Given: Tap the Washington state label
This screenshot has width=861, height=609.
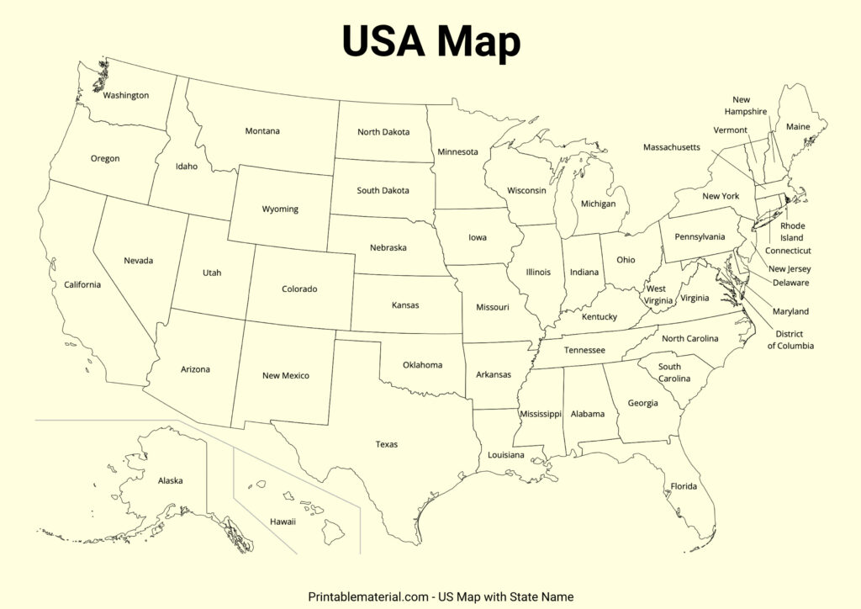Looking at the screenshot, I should (x=126, y=95).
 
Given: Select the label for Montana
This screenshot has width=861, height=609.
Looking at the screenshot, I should (x=262, y=130).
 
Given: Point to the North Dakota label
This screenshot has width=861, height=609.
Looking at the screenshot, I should (x=383, y=132).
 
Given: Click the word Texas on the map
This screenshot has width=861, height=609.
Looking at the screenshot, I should (x=387, y=444).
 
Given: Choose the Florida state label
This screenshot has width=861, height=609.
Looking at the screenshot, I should (x=684, y=486).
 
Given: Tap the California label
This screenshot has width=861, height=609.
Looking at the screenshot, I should (x=82, y=284).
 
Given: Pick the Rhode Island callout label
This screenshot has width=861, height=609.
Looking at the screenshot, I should (x=791, y=232).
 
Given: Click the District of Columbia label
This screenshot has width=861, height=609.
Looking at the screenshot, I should (x=790, y=340).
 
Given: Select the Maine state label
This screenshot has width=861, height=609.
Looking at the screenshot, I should (x=798, y=127).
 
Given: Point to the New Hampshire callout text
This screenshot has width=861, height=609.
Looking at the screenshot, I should (x=746, y=106).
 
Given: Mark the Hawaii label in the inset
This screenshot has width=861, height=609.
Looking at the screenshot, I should (x=283, y=522).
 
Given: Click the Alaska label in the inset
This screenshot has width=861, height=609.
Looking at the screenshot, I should (x=170, y=481).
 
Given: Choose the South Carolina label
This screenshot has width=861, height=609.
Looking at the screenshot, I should (x=673, y=373).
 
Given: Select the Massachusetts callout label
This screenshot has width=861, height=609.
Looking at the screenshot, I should (x=671, y=147).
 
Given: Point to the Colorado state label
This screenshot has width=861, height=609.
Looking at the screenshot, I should (x=299, y=289).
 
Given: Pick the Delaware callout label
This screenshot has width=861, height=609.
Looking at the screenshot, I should (x=790, y=283).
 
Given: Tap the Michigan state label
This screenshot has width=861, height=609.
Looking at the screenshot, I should (x=598, y=204).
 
